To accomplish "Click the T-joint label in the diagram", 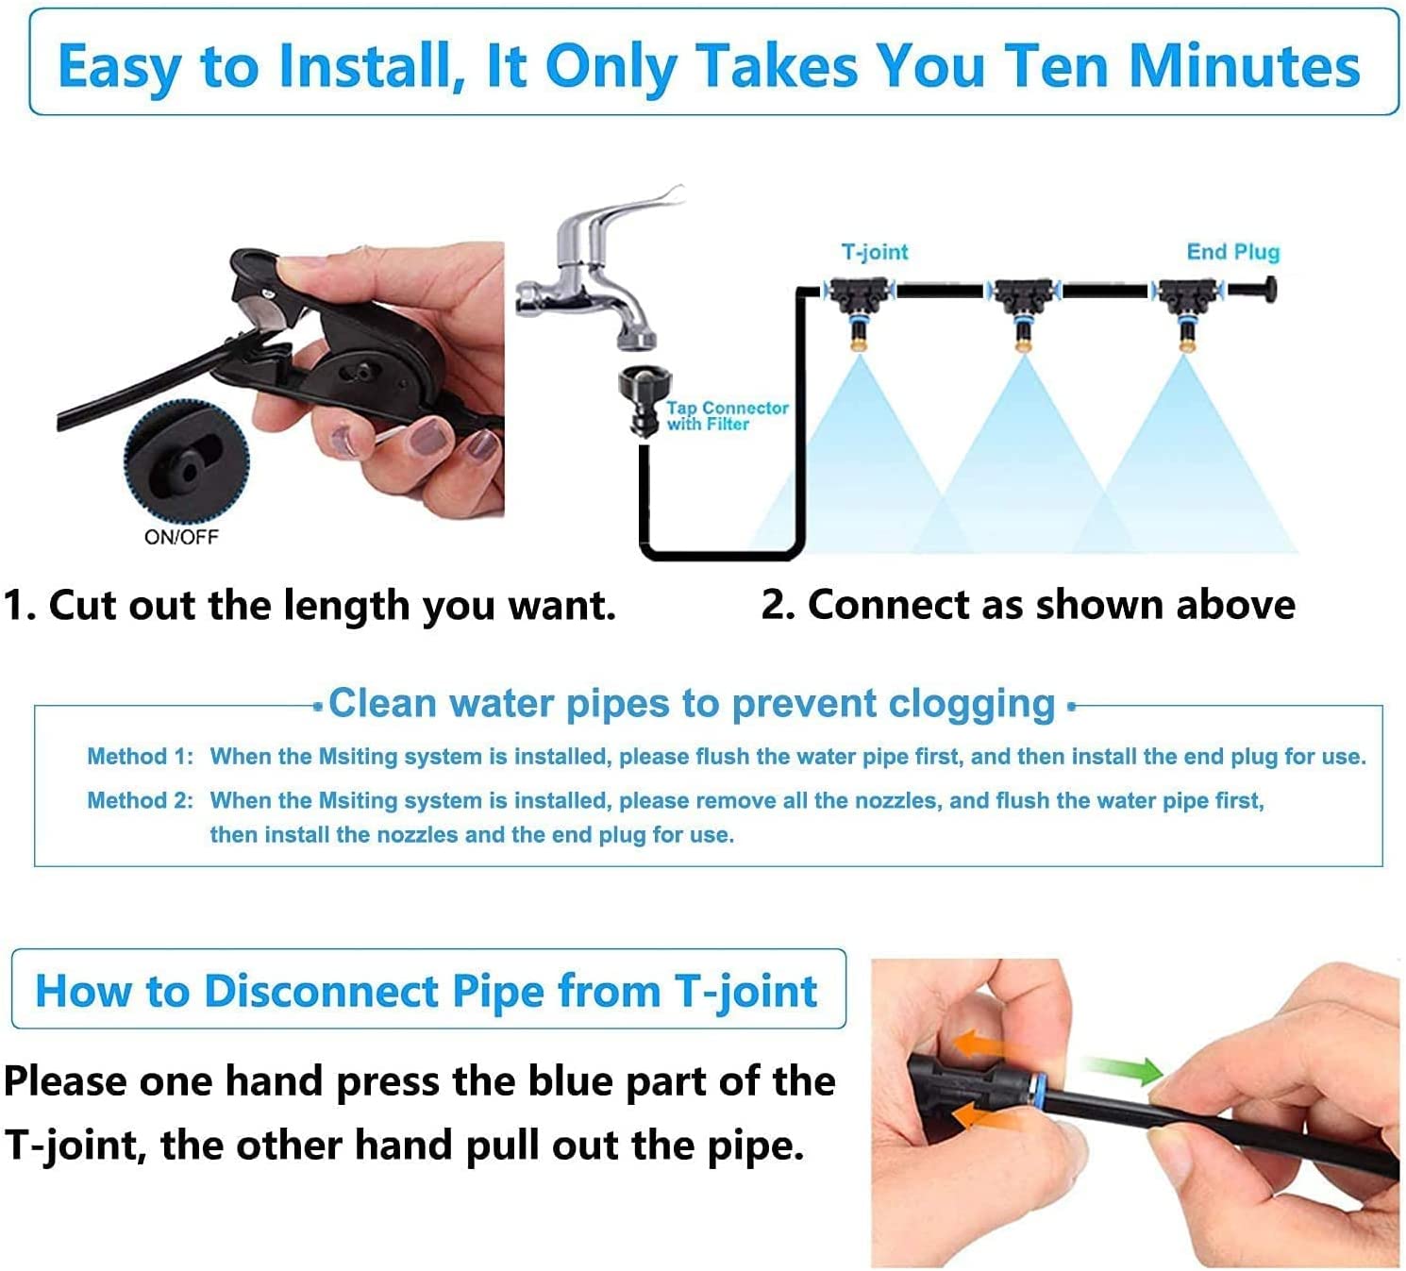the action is [874, 252].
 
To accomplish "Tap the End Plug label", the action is [1233, 252].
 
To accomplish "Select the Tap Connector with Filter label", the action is [727, 416].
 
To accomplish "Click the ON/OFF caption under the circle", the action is [181, 537].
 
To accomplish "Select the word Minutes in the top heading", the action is [1244, 67].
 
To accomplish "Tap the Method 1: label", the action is [141, 757].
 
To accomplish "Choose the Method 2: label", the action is [141, 800].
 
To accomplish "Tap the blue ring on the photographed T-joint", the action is [1040, 1090].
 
